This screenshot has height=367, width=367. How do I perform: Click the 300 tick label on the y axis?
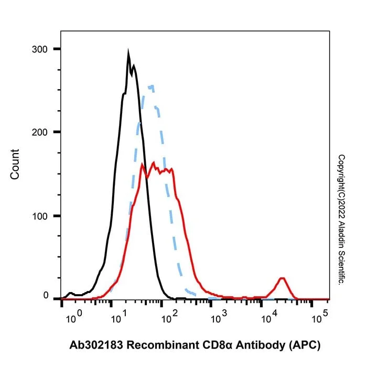(39, 49)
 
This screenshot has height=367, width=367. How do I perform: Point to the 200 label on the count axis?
(39, 133)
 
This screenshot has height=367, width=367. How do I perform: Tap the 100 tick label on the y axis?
(39, 216)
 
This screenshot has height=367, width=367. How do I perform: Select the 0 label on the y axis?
(46, 295)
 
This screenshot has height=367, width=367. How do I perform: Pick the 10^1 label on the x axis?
(119, 317)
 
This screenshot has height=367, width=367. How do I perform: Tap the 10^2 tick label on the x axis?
(169, 317)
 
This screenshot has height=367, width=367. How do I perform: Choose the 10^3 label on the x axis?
(219, 317)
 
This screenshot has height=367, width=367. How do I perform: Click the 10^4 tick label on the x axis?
(269, 317)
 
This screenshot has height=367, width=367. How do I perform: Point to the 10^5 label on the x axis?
(320, 317)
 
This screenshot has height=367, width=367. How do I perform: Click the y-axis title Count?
(15, 164)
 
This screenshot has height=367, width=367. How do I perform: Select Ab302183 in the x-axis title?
(96, 345)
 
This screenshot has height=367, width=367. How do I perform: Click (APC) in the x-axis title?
(305, 346)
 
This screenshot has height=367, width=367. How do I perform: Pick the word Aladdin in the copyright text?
(341, 232)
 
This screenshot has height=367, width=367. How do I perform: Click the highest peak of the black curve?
(128, 51)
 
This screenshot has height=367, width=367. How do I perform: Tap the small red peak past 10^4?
(282, 278)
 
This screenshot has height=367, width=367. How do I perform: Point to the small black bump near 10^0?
(70, 293)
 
